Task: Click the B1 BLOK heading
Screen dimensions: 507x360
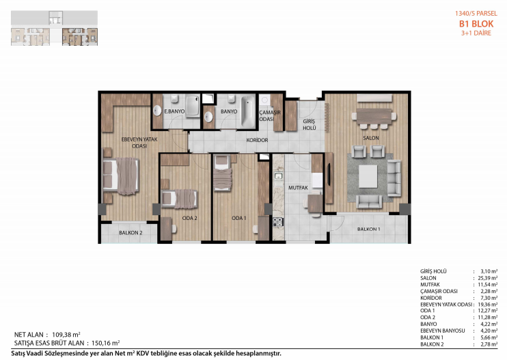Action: point(476,24)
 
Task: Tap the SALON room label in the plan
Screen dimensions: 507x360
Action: point(371,138)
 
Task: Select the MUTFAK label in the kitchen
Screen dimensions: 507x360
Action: point(298,187)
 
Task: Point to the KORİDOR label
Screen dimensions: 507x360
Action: point(257,140)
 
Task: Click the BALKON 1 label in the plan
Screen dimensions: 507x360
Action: point(368,229)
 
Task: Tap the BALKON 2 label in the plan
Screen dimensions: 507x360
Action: point(131,233)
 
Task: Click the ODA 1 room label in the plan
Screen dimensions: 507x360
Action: point(239,218)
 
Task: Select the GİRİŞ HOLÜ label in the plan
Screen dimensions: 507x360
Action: point(310,125)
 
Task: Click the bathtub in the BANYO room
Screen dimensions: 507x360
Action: point(248,111)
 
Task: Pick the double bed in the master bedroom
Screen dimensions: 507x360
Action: point(121,176)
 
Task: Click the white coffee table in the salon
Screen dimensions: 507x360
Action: point(368,176)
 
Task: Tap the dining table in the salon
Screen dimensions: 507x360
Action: point(374,116)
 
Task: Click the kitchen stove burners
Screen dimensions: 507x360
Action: point(277,222)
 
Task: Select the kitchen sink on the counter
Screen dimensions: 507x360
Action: point(278,176)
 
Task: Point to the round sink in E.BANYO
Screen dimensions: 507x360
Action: point(157,111)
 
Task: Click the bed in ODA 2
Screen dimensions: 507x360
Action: point(180,199)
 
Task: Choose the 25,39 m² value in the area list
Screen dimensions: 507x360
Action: point(488,278)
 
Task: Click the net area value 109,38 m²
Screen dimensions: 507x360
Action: point(66,335)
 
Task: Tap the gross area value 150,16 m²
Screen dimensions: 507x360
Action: point(106,343)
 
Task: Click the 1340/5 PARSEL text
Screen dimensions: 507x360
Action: point(476,14)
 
